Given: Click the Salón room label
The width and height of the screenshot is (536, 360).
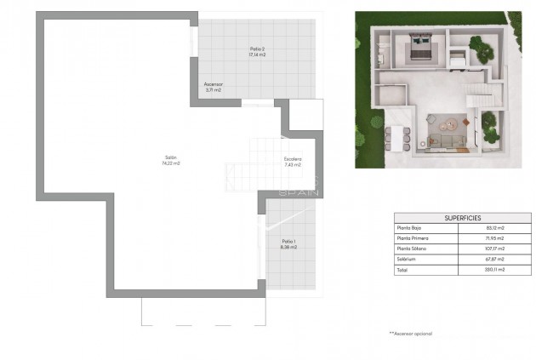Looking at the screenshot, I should [x=171, y=157].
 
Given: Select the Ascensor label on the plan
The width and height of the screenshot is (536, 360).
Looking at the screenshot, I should [x=214, y=84].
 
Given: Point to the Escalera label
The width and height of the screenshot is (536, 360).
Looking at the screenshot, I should [x=293, y=159].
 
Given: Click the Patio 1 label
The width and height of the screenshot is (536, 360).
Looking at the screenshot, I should [x=288, y=242].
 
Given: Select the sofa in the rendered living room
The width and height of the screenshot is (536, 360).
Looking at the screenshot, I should [x=446, y=144].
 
